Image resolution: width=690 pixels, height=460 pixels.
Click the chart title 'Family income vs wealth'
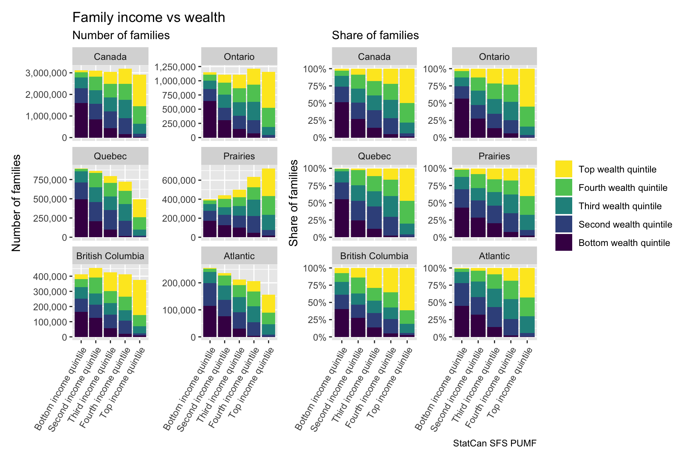coord(149,18)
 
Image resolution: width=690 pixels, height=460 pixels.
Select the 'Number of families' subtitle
coord(121,36)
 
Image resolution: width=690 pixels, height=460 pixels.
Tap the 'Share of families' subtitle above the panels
coord(375,36)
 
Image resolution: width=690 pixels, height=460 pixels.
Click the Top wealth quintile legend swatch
coord(564,169)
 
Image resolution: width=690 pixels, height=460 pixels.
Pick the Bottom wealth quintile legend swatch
coord(564,242)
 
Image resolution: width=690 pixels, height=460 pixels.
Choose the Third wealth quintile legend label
coord(620,206)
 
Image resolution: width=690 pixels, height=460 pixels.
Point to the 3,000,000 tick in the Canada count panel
coord(46,73)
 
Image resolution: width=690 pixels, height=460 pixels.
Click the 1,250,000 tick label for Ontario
coord(175,67)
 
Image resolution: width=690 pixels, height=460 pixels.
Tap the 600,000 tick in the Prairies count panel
coord(179,180)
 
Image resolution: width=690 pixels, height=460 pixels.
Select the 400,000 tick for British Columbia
coord(50,277)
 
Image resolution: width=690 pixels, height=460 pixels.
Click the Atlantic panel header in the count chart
coord(239,256)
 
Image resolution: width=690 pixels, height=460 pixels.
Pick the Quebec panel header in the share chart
coord(374,156)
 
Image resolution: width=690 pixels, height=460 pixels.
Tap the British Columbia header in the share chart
coord(374,256)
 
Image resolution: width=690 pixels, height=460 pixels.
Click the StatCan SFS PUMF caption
coord(495,443)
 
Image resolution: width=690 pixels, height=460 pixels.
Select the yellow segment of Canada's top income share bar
coord(407,86)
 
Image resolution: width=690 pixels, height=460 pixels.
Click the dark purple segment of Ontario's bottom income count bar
coord(210,119)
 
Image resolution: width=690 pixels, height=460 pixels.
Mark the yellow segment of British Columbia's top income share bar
coord(407,289)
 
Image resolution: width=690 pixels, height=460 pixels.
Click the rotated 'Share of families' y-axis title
coord(294,203)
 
